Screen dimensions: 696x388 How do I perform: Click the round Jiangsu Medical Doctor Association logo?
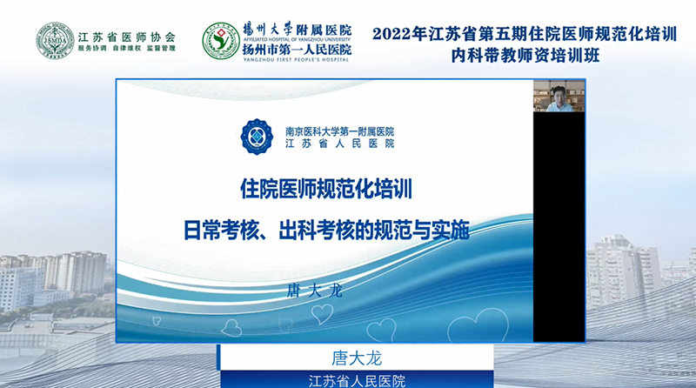[55, 40]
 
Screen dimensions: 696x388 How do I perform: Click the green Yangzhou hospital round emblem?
[221, 41]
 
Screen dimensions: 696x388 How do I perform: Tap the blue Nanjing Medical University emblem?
[257, 137]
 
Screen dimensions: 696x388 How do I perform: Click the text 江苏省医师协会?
[127, 37]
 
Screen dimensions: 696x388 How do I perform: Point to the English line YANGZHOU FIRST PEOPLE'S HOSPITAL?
[297, 59]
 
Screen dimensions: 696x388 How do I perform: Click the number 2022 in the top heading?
[392, 34]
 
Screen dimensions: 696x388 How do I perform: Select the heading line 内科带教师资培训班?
[525, 56]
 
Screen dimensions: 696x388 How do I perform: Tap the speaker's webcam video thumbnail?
[559, 96]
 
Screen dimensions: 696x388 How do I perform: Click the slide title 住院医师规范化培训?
[326, 189]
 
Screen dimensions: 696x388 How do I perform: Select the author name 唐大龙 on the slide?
[315, 291]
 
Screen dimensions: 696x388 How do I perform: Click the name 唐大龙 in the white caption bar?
[357, 358]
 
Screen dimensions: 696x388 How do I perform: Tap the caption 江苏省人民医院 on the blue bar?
[357, 381]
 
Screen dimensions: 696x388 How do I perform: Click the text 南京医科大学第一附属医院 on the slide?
[339, 131]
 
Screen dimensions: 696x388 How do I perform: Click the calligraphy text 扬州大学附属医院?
[297, 30]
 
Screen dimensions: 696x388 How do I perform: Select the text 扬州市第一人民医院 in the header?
[297, 50]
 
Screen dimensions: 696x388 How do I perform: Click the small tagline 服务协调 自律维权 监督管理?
[127, 49]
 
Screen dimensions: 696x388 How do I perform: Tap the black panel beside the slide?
[559, 226]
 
